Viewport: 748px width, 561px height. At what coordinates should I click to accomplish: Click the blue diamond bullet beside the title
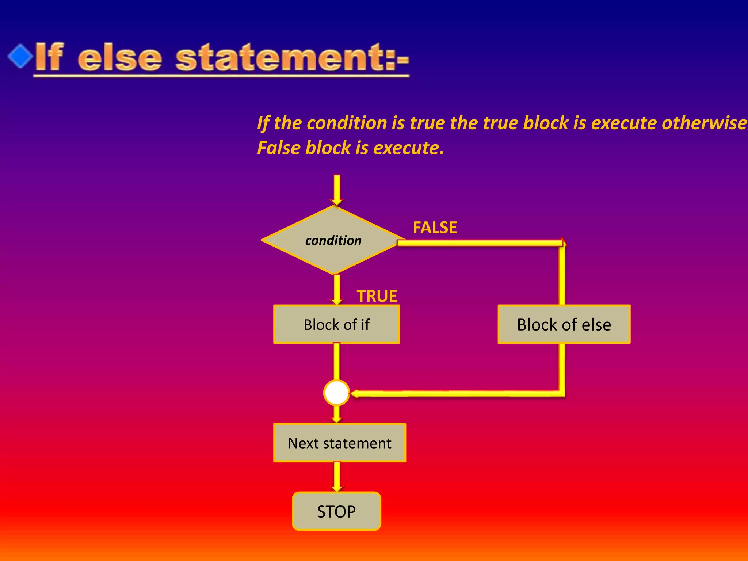[x=20, y=56]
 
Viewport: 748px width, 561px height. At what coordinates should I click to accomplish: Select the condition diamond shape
[x=333, y=240]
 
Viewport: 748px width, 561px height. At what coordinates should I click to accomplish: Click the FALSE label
[x=435, y=228]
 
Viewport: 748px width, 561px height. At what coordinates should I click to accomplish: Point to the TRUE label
[x=377, y=296]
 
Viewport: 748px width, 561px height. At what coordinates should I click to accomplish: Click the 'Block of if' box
[x=336, y=324]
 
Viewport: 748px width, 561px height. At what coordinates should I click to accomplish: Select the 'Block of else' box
[x=564, y=324]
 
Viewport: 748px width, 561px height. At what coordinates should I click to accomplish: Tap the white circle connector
[x=336, y=393]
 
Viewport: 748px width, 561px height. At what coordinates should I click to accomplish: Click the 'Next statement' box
[x=339, y=443]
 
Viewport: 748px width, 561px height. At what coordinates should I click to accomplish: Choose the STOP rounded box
[x=336, y=511]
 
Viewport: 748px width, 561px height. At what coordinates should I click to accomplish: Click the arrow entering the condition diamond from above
[x=336, y=190]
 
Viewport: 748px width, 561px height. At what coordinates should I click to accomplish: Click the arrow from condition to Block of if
[x=336, y=290]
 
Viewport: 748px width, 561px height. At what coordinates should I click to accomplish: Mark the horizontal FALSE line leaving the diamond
[x=478, y=243]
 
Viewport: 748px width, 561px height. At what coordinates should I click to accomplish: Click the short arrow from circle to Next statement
[x=336, y=414]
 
